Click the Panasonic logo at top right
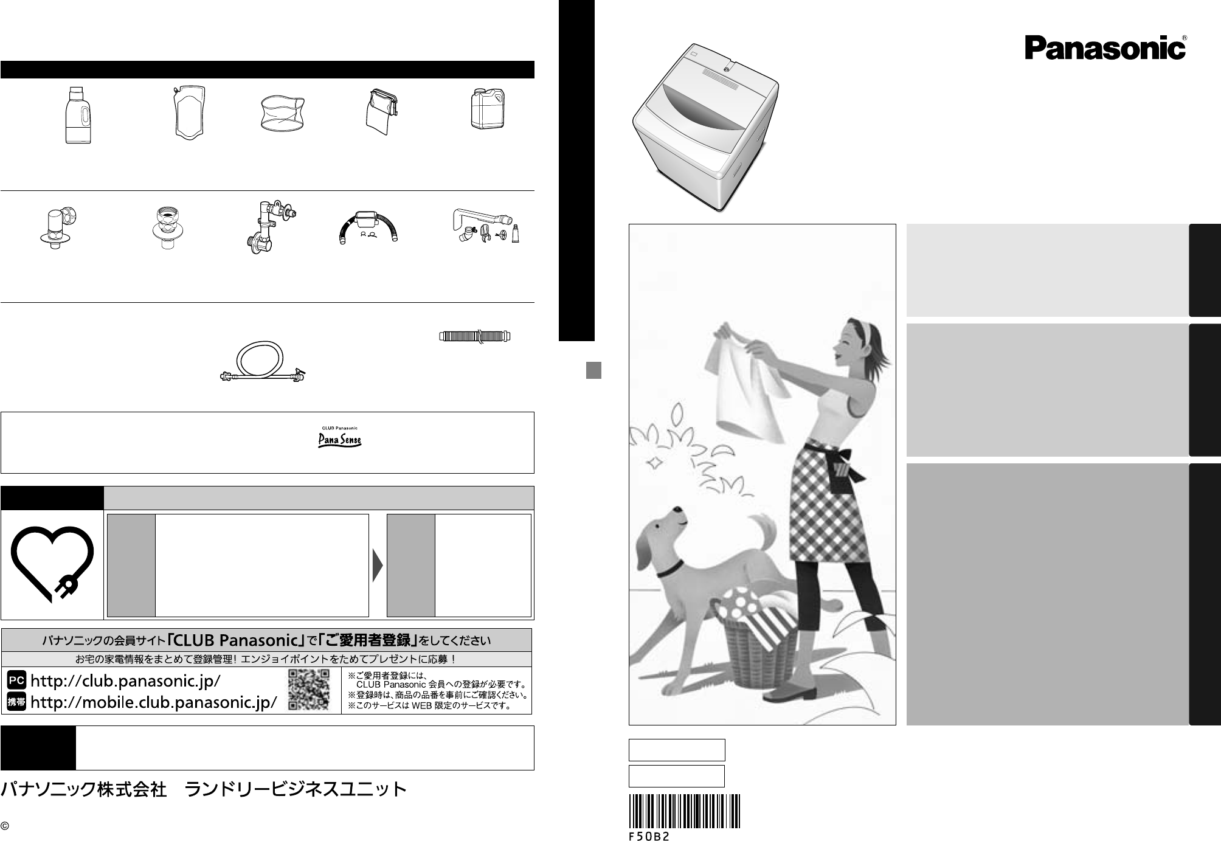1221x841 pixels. [1105, 47]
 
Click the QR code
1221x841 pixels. [308, 690]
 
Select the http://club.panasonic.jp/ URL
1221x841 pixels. [125, 681]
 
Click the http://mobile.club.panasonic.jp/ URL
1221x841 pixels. [153, 702]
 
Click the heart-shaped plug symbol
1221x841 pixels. [52, 564]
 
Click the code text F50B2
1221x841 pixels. [649, 836]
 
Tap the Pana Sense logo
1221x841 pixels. [340, 437]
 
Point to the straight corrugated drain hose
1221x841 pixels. [475, 335]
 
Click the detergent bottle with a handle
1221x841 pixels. [78, 116]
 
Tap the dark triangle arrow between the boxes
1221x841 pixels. [378, 566]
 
